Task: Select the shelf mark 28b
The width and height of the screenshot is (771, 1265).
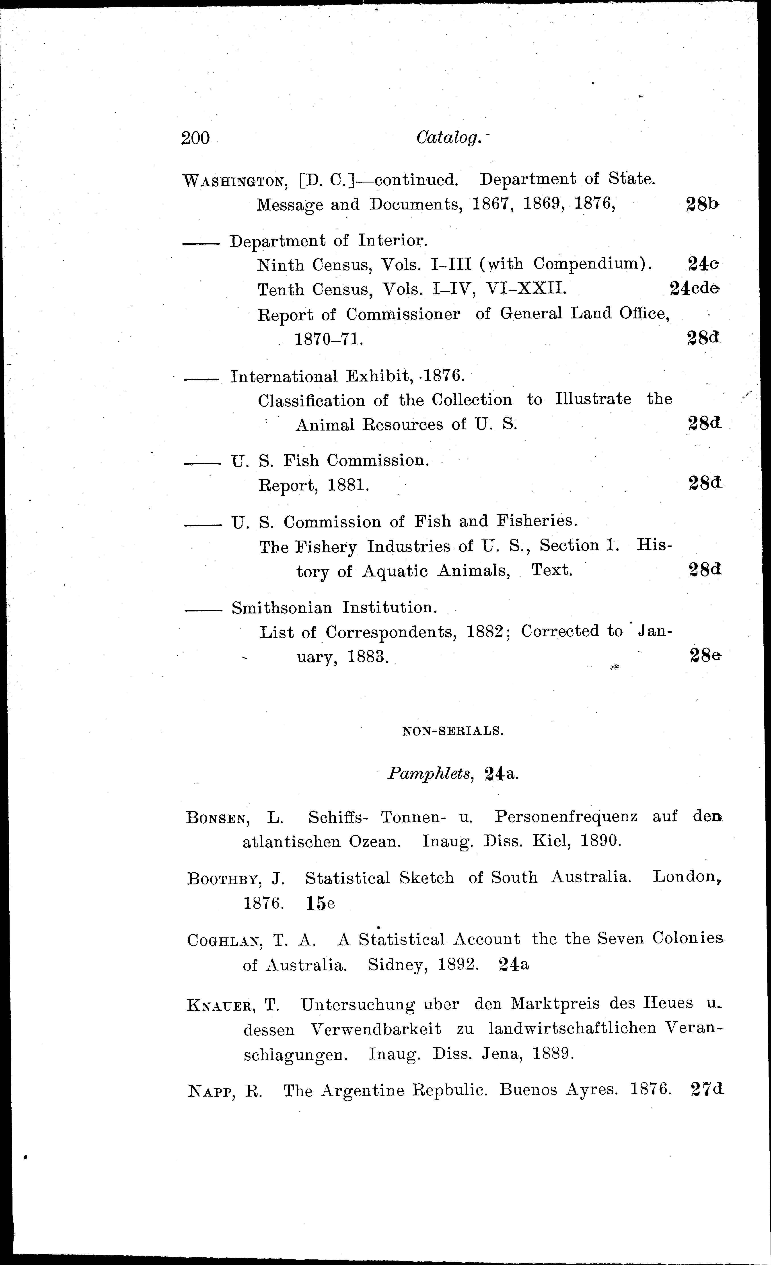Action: pyautogui.click(x=703, y=204)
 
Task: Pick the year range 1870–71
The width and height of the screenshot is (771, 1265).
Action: pyautogui.click(x=329, y=339)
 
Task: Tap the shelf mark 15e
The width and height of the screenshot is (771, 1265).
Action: pyautogui.click(x=320, y=904)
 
